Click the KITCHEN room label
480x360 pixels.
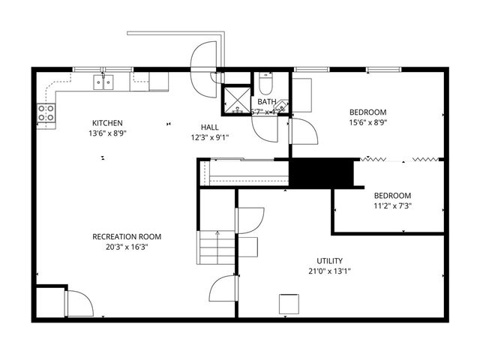(107, 123)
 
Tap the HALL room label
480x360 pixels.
(210, 127)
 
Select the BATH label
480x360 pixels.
(266, 102)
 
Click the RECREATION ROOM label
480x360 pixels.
(127, 236)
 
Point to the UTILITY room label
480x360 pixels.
(330, 261)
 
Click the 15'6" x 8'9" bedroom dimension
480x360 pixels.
(367, 122)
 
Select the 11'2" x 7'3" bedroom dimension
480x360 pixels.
(392, 205)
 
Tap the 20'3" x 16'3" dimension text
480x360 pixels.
(127, 247)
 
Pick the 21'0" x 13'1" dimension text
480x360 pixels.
(330, 271)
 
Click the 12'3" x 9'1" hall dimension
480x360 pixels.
(210, 137)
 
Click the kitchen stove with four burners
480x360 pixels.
(46, 114)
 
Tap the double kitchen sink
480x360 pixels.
(103, 81)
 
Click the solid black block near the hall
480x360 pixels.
(321, 173)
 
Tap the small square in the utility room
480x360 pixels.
(289, 304)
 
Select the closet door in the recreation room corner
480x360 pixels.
(78, 303)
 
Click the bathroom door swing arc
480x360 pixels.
(265, 128)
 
